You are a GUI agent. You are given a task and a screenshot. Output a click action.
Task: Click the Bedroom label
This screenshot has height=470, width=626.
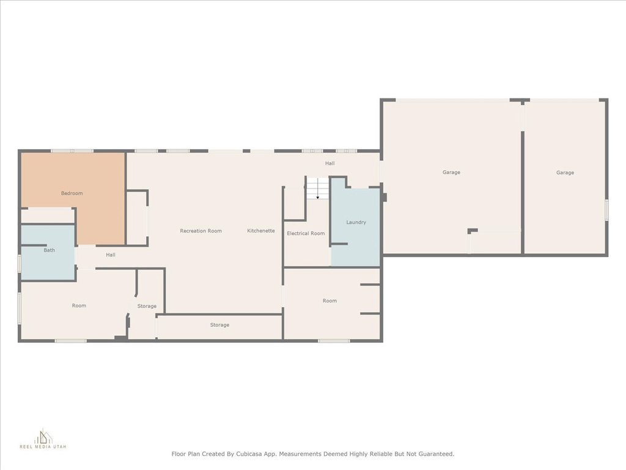tap(72, 193)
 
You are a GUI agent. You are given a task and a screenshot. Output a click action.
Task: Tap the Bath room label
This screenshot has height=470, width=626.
tap(49, 250)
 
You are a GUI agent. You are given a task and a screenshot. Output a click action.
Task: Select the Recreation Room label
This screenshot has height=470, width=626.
tap(201, 231)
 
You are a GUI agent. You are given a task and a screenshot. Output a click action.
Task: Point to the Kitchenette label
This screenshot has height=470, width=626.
tap(260, 231)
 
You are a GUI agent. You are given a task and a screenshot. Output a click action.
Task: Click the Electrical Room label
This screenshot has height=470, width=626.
tap(306, 233)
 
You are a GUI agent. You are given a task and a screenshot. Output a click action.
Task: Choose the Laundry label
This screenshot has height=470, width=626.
tap(356, 222)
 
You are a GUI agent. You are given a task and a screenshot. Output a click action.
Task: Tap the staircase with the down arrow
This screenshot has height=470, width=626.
tap(317, 188)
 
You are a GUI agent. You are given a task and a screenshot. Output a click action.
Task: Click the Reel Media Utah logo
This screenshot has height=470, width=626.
tap(43, 438)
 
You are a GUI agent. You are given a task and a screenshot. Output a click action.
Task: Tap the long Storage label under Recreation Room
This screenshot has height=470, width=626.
tap(219, 325)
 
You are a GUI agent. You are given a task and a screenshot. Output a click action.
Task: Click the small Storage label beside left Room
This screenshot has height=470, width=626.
tap(147, 306)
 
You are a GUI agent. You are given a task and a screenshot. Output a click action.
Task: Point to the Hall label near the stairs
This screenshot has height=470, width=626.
tap(330, 163)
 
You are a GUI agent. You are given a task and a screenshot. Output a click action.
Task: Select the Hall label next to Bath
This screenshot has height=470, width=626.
tap(111, 255)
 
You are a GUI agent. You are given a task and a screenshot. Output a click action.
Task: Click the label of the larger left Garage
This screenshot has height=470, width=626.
tap(451, 172)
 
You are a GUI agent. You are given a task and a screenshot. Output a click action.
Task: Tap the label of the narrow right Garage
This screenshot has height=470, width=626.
tap(565, 173)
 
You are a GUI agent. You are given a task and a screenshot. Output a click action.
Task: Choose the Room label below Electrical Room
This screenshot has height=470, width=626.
tap(330, 300)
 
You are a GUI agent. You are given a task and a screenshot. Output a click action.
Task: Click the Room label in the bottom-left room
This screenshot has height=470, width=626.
tap(79, 305)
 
